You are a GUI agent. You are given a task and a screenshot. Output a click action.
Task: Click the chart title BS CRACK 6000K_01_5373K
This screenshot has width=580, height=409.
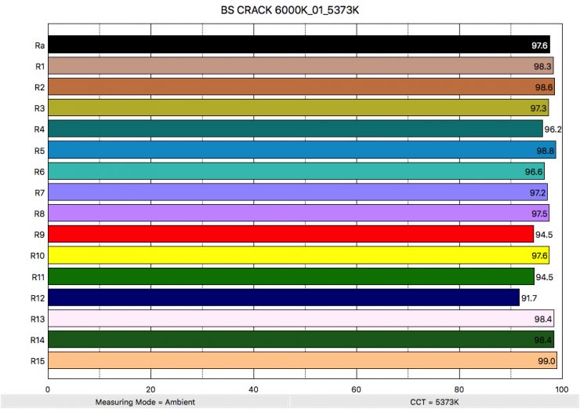pyautogui.click(x=289, y=13)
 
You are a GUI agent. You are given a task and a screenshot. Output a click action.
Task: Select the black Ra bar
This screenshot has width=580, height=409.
pyautogui.click(x=298, y=45)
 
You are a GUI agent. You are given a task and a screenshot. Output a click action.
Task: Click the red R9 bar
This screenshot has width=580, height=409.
pyautogui.click(x=290, y=234)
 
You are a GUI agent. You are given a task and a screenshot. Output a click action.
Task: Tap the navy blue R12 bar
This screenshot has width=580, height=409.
pyautogui.click(x=283, y=298)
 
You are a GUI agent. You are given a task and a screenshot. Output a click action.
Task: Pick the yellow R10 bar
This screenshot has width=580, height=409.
pyautogui.click(x=298, y=255)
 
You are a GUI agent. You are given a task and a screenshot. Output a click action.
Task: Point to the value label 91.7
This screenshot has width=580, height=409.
pyautogui.click(x=531, y=298)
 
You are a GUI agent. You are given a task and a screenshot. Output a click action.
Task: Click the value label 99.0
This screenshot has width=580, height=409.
pyautogui.click(x=546, y=361)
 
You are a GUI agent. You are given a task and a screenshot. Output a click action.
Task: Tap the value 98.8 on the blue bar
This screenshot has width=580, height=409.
pyautogui.click(x=546, y=151)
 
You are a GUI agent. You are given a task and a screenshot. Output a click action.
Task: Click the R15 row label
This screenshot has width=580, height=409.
pyautogui.click(x=37, y=361)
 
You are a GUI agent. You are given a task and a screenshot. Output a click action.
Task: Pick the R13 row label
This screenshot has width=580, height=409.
pyautogui.click(x=37, y=319)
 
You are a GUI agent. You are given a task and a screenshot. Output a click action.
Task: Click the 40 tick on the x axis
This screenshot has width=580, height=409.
pyautogui.click(x=253, y=388)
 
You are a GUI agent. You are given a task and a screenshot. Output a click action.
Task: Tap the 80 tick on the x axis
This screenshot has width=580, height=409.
pyautogui.click(x=459, y=388)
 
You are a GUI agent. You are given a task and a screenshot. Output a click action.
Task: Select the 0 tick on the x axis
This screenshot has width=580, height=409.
pyautogui.click(x=48, y=388)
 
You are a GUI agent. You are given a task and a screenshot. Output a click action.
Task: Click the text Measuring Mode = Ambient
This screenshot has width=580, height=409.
pyautogui.click(x=145, y=402)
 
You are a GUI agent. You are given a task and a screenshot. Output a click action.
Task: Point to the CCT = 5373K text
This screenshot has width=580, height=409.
pyautogui.click(x=435, y=402)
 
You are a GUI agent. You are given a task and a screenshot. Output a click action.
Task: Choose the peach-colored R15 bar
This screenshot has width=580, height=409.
pyautogui.click(x=302, y=361)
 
